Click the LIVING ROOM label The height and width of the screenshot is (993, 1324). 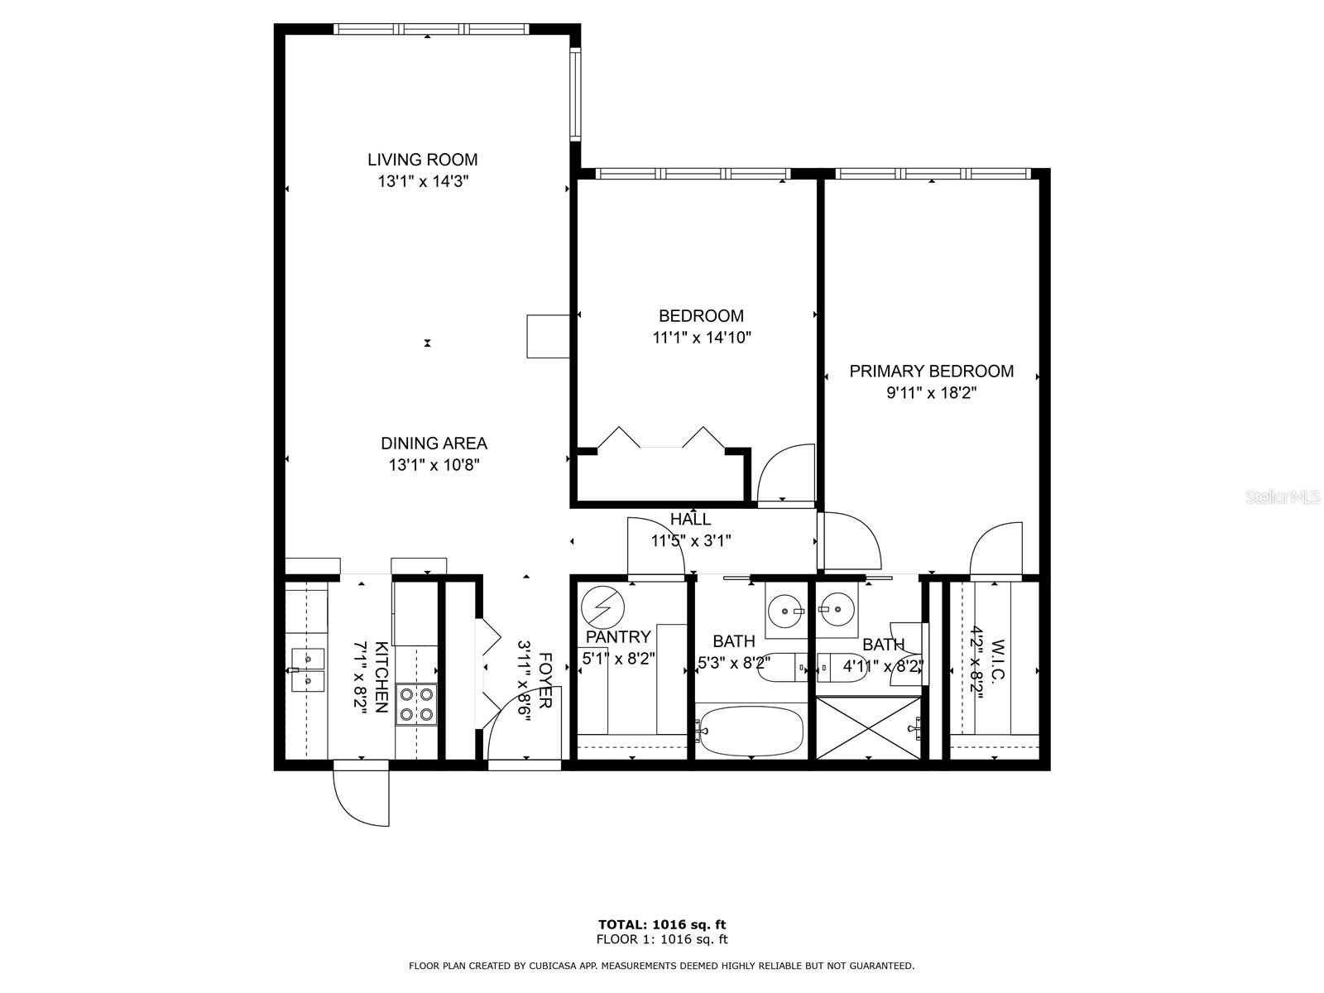(x=422, y=160)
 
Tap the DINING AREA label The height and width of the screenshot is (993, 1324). (x=434, y=444)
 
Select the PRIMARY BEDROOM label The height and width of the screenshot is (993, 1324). (x=931, y=372)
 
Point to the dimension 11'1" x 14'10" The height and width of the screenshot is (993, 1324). (x=702, y=338)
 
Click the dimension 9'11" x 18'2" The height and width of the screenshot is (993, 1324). (x=931, y=393)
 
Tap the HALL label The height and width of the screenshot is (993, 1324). (x=690, y=519)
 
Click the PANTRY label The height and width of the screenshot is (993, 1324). (x=618, y=636)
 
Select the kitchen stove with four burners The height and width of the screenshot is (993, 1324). (x=416, y=703)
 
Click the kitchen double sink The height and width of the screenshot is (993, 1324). (x=308, y=669)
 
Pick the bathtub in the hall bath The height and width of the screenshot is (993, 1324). (x=751, y=731)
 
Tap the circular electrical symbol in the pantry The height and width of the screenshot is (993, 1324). (x=601, y=605)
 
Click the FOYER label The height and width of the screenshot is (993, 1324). (x=544, y=680)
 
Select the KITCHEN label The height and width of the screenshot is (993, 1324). (x=381, y=677)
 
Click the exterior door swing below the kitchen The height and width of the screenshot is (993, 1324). (x=362, y=797)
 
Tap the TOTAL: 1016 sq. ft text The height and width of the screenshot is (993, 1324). (x=662, y=924)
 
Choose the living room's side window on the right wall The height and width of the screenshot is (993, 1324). (x=576, y=95)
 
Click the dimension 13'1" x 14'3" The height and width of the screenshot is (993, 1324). (x=423, y=181)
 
